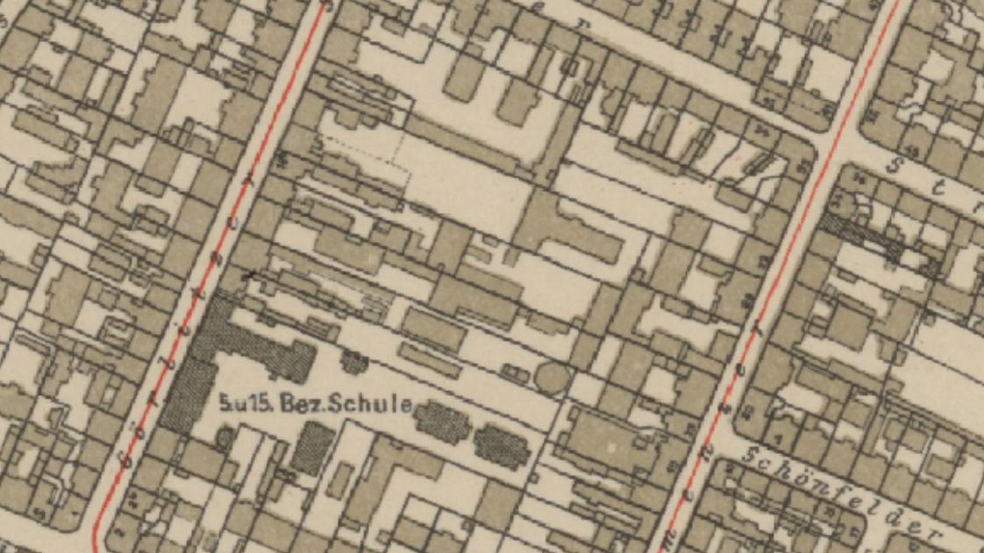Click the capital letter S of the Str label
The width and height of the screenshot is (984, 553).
(x=897, y=164)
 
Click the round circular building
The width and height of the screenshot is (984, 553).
(x=552, y=378)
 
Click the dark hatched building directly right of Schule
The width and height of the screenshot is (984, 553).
(x=444, y=422)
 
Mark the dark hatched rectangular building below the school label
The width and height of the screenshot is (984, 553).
(x=310, y=447)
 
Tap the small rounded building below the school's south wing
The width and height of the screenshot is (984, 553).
(x=223, y=436)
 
